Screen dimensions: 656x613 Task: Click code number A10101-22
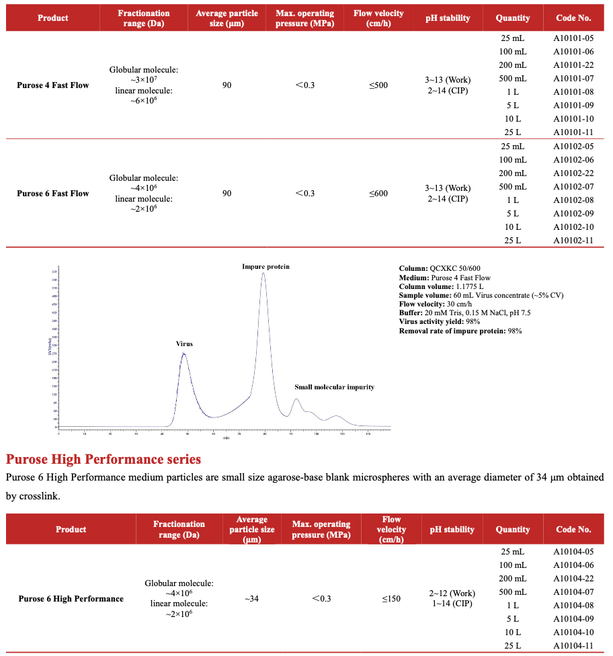(573, 65)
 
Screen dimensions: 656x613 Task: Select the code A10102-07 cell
(573, 187)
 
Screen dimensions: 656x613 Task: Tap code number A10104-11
(573, 646)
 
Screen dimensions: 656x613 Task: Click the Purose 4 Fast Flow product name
(52, 85)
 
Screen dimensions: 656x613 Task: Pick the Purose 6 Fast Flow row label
(52, 194)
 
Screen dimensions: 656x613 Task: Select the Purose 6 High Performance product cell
(71, 599)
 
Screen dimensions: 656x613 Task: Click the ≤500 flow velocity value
(378, 85)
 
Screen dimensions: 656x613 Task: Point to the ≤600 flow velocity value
(378, 194)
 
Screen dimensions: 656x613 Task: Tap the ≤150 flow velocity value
(391, 599)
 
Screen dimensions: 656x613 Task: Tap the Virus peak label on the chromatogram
(184, 344)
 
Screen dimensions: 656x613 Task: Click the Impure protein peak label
(265, 267)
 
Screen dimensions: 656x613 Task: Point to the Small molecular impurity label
(334, 387)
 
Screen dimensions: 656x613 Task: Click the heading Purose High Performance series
(104, 460)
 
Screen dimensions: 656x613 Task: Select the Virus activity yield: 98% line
(439, 322)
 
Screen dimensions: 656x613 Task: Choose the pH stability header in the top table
(448, 18)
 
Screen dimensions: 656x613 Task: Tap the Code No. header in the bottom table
(573, 530)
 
